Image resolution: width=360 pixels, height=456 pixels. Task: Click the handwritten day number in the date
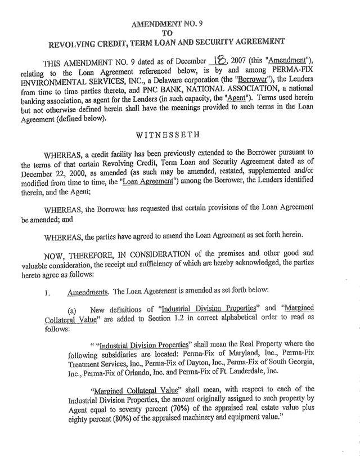[218, 75]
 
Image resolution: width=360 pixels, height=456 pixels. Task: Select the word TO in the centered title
[180, 33]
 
